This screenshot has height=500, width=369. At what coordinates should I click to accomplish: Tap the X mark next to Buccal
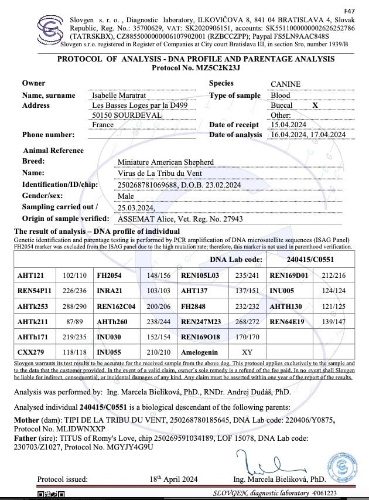click(315, 106)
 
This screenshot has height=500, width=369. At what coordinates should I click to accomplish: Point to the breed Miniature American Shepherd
click(166, 162)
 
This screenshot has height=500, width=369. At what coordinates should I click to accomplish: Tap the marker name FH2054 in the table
click(109, 274)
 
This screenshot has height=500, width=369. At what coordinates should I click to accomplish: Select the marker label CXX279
click(29, 352)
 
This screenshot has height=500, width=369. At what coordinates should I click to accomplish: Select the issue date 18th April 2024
click(173, 479)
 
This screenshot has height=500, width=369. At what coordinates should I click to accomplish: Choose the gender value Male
click(126, 196)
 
